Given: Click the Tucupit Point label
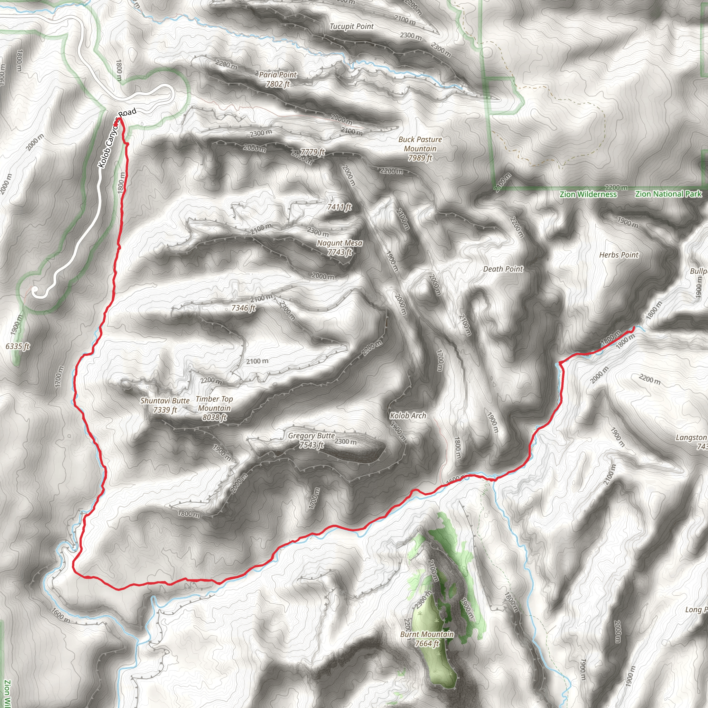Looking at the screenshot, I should click(x=352, y=26).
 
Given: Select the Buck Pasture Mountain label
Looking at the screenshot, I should click(x=420, y=148).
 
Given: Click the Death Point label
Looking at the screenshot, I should click(x=503, y=269).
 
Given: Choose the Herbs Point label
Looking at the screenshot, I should click(x=618, y=255).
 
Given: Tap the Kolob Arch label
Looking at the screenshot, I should click(x=408, y=416).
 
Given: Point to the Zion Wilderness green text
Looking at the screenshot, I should click(x=588, y=195).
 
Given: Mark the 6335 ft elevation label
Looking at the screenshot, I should click(x=18, y=346).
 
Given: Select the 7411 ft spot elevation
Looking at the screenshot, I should click(x=339, y=207).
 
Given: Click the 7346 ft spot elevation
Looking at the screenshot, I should click(x=243, y=308).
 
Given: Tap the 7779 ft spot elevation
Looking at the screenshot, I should click(x=313, y=152).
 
